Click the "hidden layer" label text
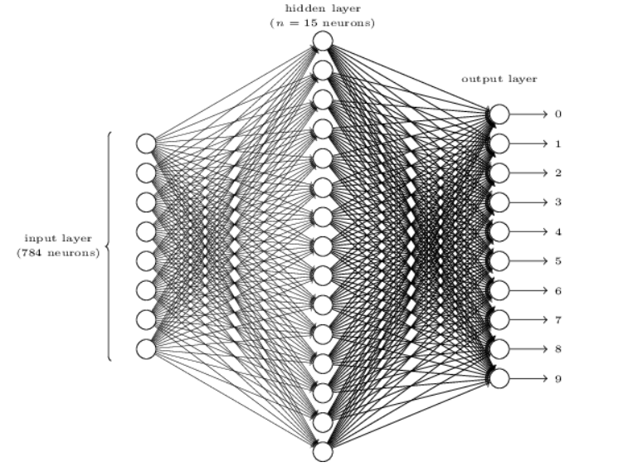point(323,9)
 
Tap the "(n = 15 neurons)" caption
point(322,23)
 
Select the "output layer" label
point(499,79)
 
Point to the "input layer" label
point(58,238)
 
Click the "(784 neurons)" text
point(58,253)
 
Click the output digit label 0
point(558,114)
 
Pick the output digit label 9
point(558,379)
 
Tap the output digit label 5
point(558,261)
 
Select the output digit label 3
point(558,202)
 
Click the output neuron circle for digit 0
point(499,114)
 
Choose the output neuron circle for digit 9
point(499,378)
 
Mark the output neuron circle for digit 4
point(499,231)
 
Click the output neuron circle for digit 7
point(499,320)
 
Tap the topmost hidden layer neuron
point(323,41)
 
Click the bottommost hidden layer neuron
point(323,452)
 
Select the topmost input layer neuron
point(146,144)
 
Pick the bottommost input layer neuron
point(146,349)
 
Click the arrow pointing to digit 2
point(528,173)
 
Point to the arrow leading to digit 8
point(528,349)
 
